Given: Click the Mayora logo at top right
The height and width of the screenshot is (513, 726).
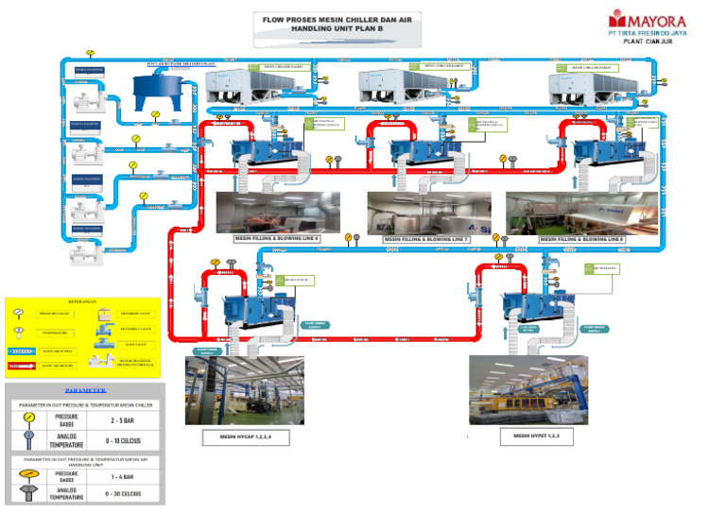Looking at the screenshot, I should (648, 20).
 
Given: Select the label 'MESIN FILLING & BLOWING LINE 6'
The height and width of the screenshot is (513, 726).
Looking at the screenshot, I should (277, 240).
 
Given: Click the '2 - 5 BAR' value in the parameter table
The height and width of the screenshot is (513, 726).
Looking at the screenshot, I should (126, 419).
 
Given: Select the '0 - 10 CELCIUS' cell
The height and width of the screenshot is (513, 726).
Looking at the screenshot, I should (126, 438).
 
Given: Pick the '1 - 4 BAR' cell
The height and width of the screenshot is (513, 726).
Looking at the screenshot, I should (126, 476).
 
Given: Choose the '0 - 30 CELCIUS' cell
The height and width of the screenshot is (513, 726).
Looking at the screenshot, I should (126, 494).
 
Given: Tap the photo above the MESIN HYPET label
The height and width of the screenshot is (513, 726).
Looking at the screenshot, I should (528, 389).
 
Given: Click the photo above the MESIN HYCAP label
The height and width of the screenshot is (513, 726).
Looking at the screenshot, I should (245, 389).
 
